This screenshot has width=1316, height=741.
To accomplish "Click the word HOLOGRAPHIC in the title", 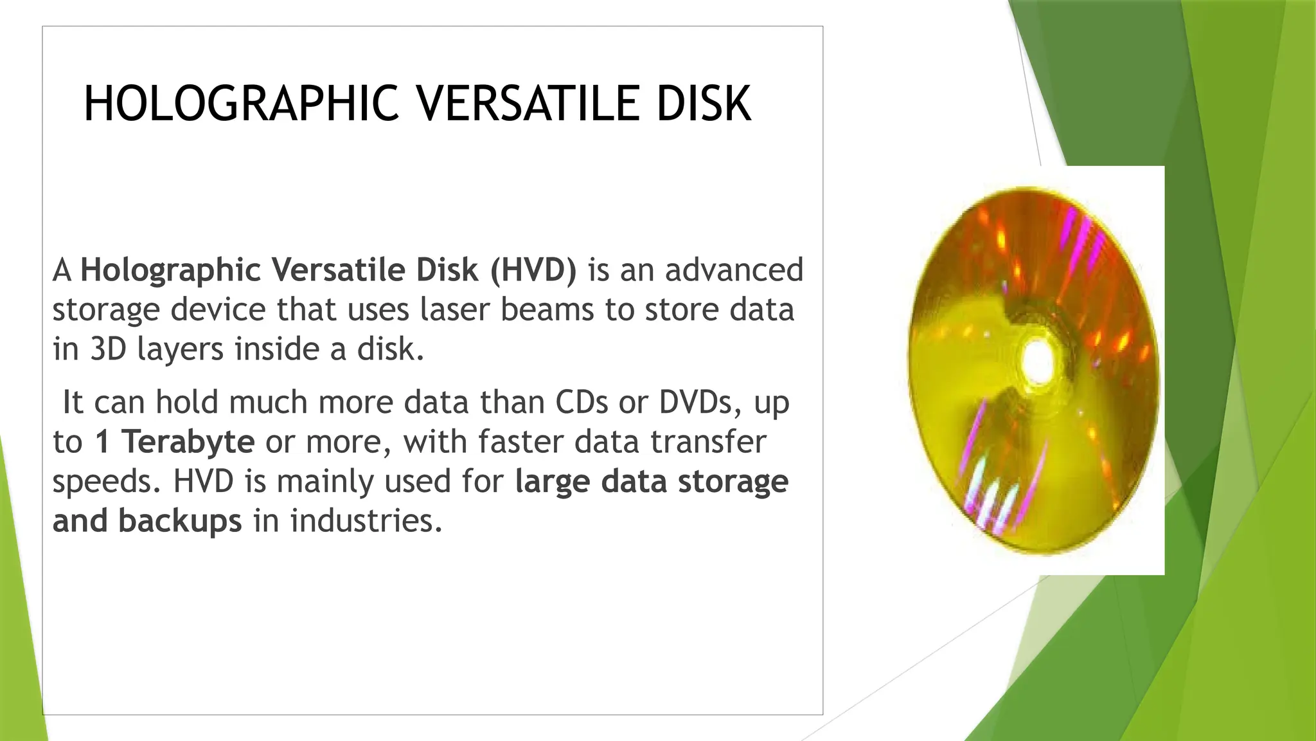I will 241,104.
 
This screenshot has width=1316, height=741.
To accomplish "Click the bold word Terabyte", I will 188,442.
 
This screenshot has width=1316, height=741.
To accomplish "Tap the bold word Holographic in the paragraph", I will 170,270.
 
